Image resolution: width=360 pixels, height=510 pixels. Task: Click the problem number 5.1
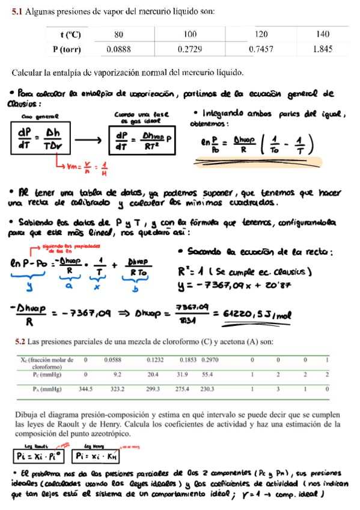[19, 11]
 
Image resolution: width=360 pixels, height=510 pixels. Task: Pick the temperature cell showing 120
[261, 34]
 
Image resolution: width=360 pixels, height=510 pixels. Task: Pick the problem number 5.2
[19, 342]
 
